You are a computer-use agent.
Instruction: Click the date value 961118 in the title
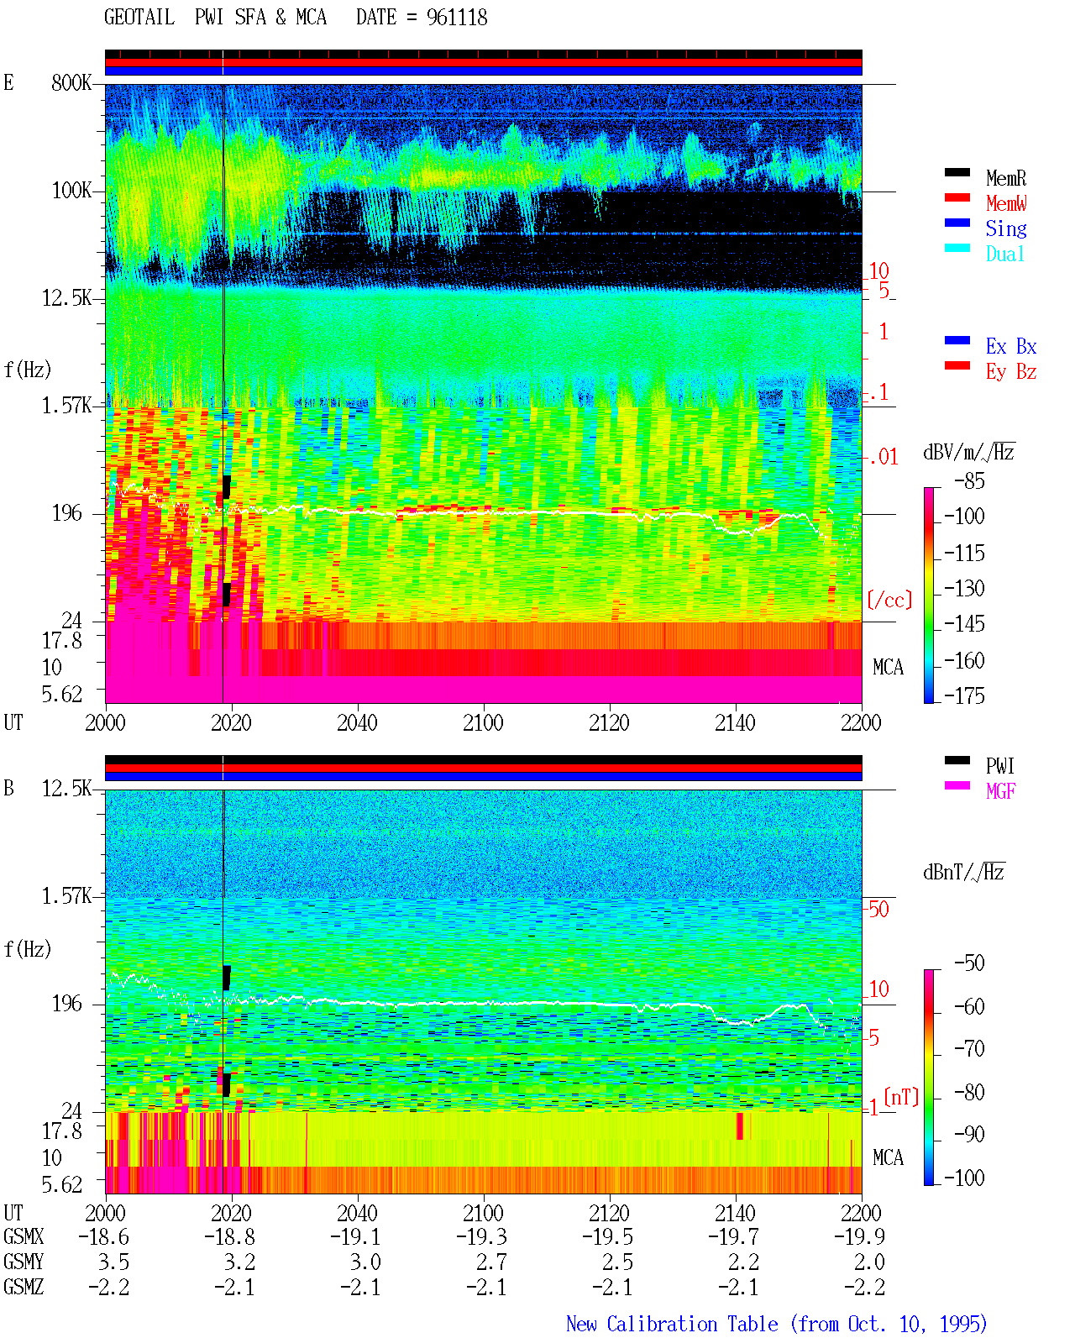coord(457,18)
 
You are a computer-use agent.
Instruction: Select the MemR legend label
coord(1006,178)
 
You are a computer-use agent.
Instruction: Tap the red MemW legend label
coord(1006,203)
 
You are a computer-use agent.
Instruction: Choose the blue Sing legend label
coord(1006,228)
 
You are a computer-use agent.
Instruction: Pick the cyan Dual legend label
coord(1005,254)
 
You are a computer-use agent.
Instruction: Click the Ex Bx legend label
coord(1011,346)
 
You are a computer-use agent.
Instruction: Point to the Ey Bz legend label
coord(1011,372)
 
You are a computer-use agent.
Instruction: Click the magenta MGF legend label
coord(1001,791)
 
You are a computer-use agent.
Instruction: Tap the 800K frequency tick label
coord(71,82)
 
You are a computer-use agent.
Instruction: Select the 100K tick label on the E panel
coord(71,191)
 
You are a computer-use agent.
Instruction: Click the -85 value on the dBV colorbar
coord(969,481)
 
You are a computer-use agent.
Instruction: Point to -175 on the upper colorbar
coord(964,695)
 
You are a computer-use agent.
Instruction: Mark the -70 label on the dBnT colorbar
coord(969,1049)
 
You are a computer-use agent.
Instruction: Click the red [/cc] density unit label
coord(889,600)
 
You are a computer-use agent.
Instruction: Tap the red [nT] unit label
coord(901,1097)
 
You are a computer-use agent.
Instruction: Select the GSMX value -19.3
coord(482,1236)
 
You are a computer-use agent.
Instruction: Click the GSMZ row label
coord(24,1287)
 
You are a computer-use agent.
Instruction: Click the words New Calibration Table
coord(672,1324)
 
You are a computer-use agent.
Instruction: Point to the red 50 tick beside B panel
coord(878,910)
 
